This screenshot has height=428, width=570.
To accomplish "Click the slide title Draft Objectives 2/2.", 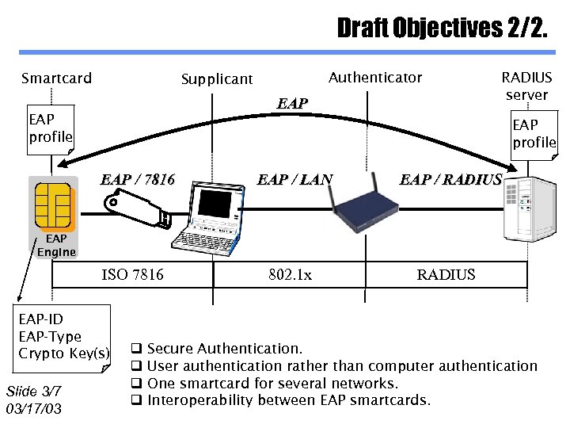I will (x=441, y=29).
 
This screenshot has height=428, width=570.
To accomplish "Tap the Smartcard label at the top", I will (x=56, y=78).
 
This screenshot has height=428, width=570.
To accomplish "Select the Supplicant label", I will (x=217, y=78).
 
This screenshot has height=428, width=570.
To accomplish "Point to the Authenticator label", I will (x=374, y=77).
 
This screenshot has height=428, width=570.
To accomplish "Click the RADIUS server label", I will (x=526, y=86).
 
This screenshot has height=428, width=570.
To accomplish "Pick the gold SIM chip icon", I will (x=54, y=204).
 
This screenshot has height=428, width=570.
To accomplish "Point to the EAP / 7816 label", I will (x=138, y=179).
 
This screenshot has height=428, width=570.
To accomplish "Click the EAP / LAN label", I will (x=294, y=179).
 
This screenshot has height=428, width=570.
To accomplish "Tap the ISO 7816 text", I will (x=132, y=274).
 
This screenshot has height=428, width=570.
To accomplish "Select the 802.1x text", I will (x=290, y=274).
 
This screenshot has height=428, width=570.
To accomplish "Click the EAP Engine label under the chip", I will (x=56, y=245).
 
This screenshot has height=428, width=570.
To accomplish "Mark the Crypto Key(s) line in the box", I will (x=64, y=353).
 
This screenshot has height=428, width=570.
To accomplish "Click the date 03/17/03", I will (x=33, y=409).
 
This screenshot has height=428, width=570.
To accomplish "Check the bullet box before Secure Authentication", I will (x=136, y=349).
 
